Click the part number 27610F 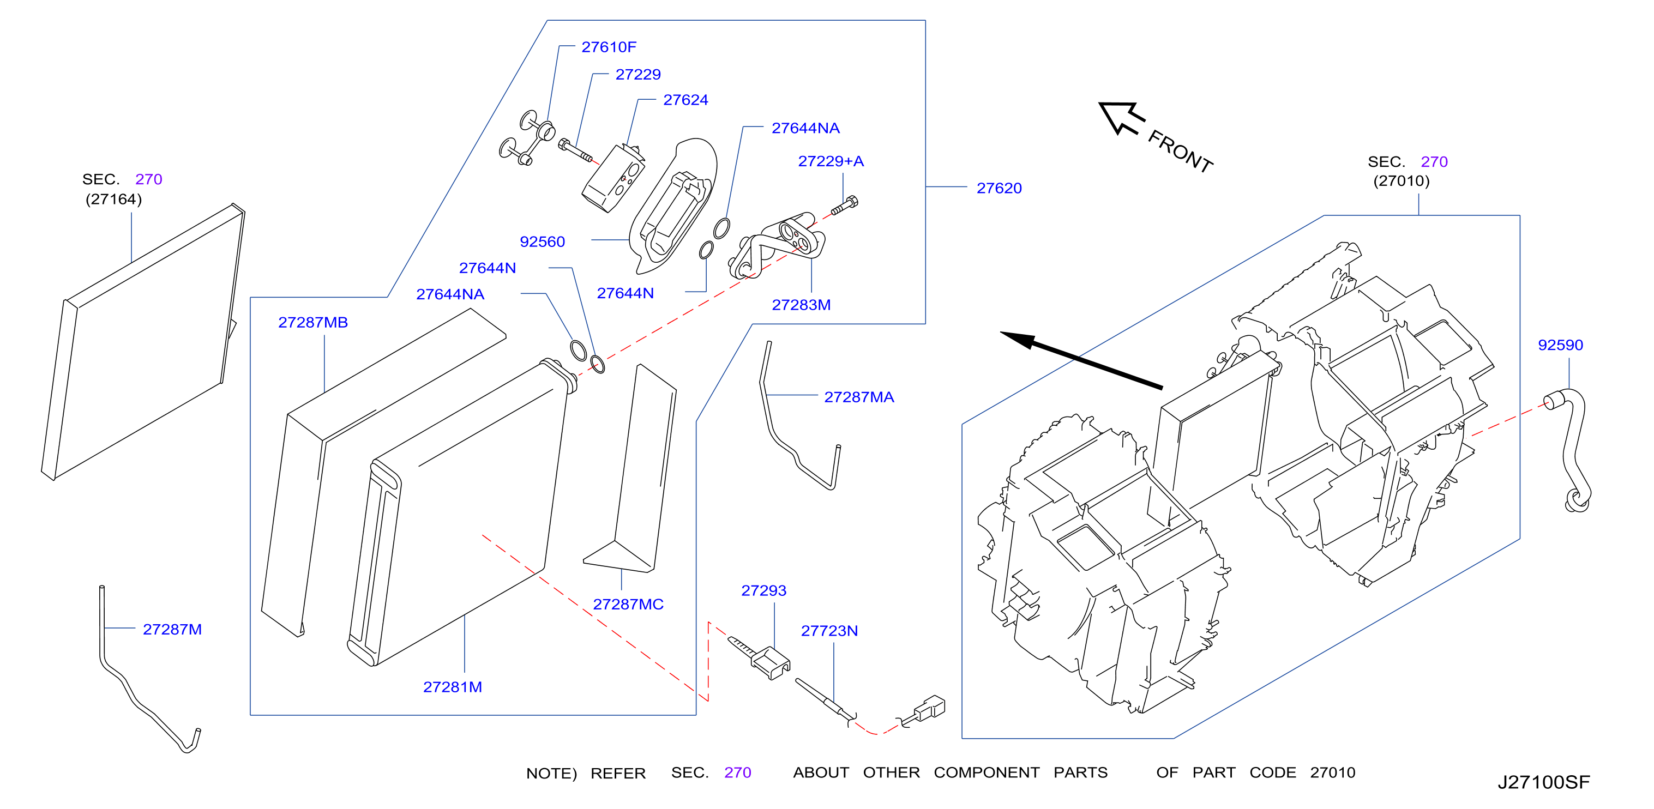609,47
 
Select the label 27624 685,100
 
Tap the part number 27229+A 831,161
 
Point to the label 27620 999,188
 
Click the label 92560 543,242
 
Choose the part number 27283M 801,305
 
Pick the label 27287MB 314,322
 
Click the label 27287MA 859,397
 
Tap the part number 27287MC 629,604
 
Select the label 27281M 453,687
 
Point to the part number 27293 764,591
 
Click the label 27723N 829,631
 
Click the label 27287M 172,630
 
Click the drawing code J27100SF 1544,783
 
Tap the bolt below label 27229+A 844,206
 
